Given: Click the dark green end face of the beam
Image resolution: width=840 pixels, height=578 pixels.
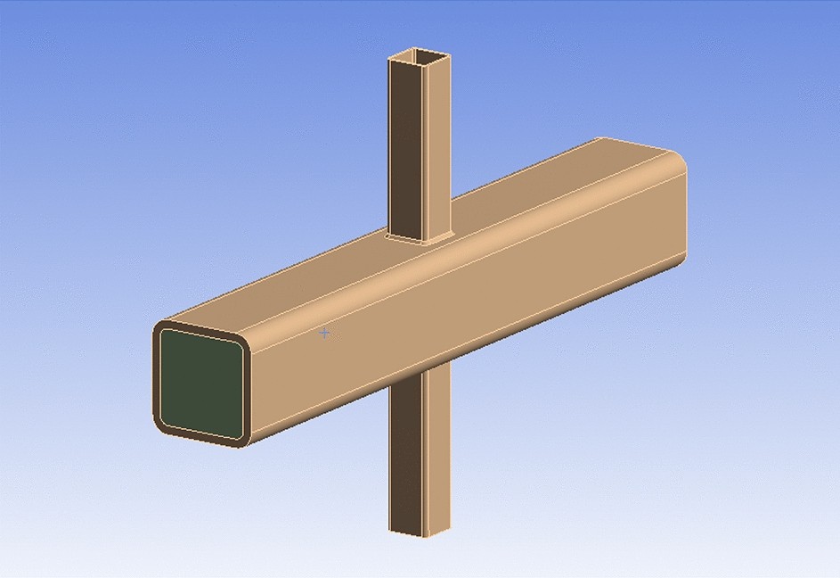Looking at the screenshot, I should pyautogui.click(x=200, y=384).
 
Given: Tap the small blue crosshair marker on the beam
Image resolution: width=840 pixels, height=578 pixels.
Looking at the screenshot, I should pyautogui.click(x=325, y=333).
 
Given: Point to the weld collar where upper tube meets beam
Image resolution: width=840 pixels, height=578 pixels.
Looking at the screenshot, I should pyautogui.click(x=419, y=238).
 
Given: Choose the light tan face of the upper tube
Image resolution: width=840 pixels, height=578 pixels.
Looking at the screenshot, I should pyautogui.click(x=438, y=152).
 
